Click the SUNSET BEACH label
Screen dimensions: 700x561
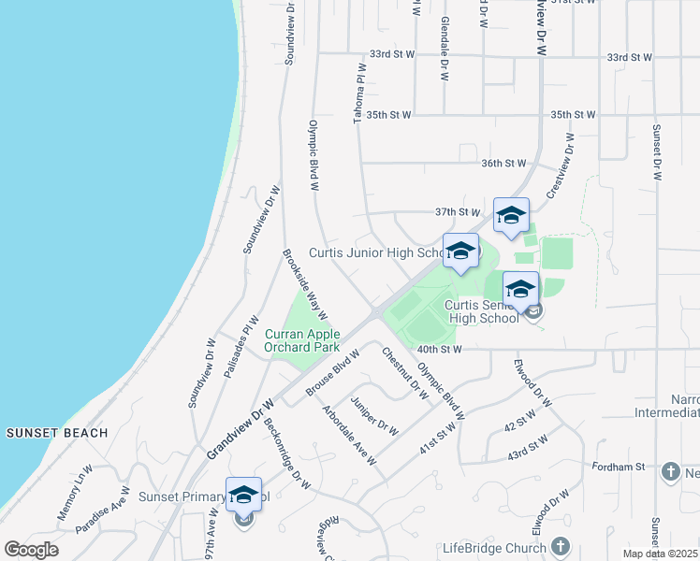pyautogui.click(x=57, y=433)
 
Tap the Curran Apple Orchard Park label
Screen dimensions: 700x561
pyautogui.click(x=301, y=340)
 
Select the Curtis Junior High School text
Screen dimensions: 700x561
pyautogui.click(x=374, y=252)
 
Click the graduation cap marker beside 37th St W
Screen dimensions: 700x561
pyautogui.click(x=511, y=216)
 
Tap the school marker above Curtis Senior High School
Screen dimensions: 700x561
pyautogui.click(x=520, y=290)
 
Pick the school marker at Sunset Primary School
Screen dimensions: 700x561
pyautogui.click(x=243, y=495)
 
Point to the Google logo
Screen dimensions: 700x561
pyautogui.click(x=30, y=550)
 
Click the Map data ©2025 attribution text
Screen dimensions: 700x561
pyautogui.click(x=660, y=554)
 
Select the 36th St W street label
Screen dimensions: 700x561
pyautogui.click(x=503, y=163)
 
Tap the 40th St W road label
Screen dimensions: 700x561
pyautogui.click(x=440, y=350)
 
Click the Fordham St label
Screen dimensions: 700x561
pyautogui.click(x=621, y=466)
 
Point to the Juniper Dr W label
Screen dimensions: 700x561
pyautogui.click(x=374, y=416)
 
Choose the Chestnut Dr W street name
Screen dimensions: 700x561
pyautogui.click(x=405, y=373)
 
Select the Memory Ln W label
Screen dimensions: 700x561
pyautogui.click(x=75, y=493)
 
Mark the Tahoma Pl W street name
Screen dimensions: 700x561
pyautogui.click(x=357, y=93)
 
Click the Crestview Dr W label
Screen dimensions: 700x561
pyautogui.click(x=560, y=165)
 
